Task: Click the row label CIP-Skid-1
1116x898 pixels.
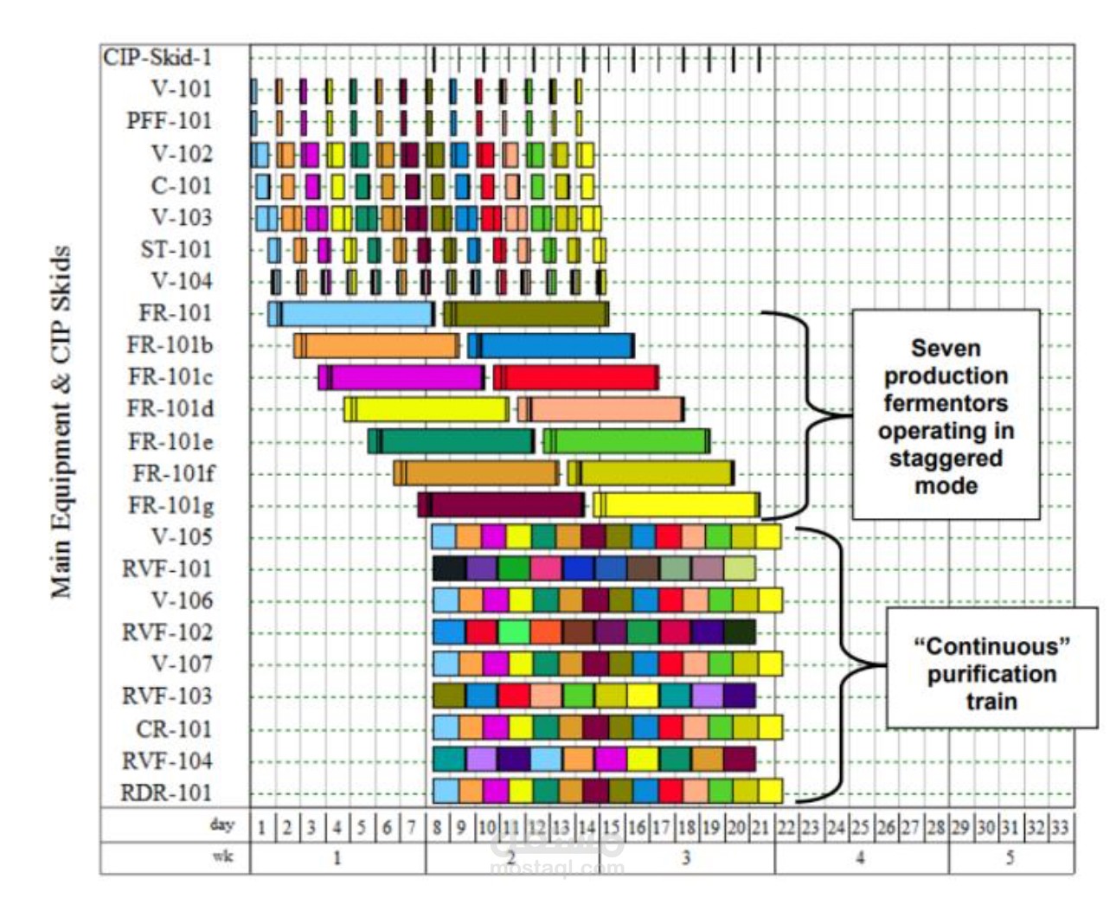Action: (157, 58)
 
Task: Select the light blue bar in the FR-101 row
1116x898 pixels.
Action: (355, 313)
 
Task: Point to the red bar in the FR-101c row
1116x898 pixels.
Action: (580, 377)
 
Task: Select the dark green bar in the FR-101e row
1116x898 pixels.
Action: (455, 441)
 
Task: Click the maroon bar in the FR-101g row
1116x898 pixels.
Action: (505, 504)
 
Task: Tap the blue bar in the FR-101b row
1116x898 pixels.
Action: (555, 345)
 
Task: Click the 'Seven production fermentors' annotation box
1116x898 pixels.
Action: (946, 415)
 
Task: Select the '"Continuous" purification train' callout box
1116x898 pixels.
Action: (991, 673)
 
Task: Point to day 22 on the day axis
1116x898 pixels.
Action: (786, 827)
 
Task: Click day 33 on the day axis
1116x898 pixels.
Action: (1060, 827)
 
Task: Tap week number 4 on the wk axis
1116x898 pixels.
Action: (860, 858)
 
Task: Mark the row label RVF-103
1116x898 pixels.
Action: (167, 696)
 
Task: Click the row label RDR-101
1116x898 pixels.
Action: (165, 792)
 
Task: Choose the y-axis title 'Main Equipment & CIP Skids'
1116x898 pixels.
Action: (61, 422)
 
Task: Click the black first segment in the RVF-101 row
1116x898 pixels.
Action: (449, 568)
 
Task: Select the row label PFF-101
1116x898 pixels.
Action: (169, 121)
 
